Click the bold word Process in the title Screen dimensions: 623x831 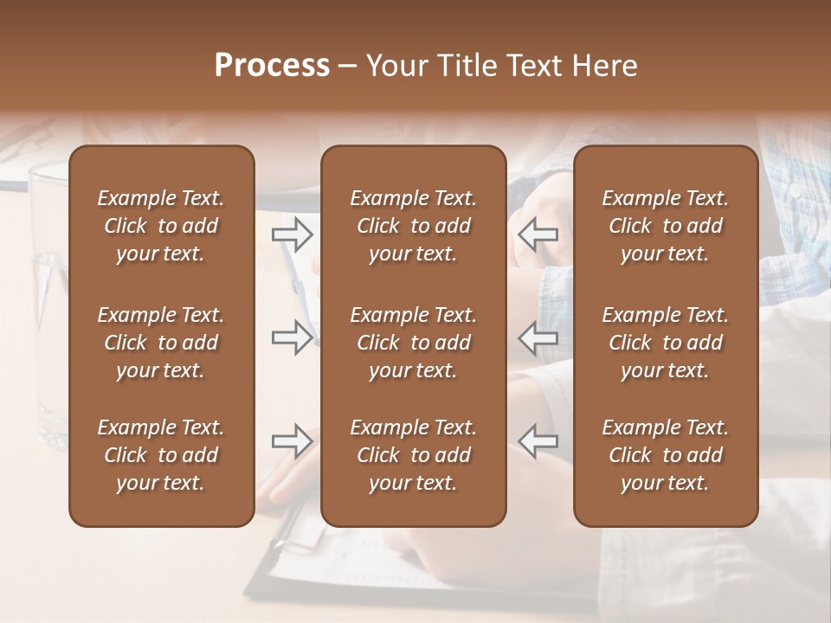[272, 66]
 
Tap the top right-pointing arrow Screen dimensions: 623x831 [292, 234]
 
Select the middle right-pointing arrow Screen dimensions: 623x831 [292, 337]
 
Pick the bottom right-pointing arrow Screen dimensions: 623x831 [292, 441]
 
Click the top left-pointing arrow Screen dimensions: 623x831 [538, 234]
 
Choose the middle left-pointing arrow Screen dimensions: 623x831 [538, 337]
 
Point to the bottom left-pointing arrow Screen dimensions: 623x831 [538, 441]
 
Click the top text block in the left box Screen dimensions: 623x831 [161, 226]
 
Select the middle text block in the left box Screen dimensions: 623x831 [161, 343]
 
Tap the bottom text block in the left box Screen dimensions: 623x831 [161, 455]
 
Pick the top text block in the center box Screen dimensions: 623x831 [413, 226]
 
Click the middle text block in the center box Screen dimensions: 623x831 [413, 343]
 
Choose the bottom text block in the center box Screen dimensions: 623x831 [413, 455]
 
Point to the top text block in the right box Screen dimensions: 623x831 [665, 226]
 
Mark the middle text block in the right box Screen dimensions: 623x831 [665, 343]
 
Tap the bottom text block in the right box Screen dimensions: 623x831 [665, 455]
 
